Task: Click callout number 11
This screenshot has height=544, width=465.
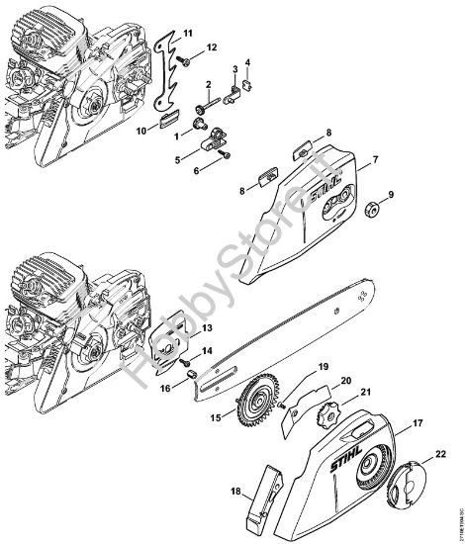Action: pyautogui.click(x=189, y=20)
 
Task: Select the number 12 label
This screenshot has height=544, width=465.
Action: pyautogui.click(x=212, y=47)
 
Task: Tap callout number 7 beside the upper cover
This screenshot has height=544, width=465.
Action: pyautogui.click(x=375, y=157)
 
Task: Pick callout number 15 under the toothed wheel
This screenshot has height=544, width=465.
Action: pyautogui.click(x=215, y=419)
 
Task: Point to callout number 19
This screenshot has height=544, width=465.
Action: pyautogui.click(x=295, y=367)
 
